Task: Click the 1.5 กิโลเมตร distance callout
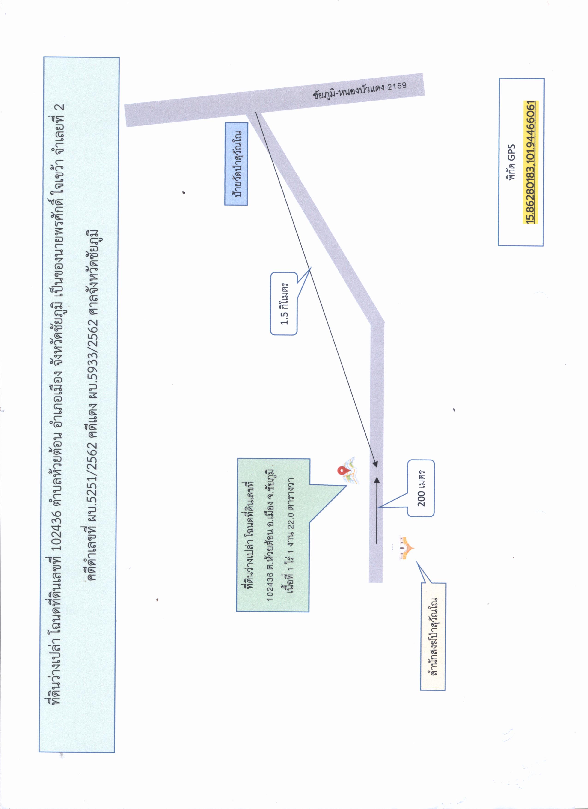pos(284,304)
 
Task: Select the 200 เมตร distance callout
pos(421,488)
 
